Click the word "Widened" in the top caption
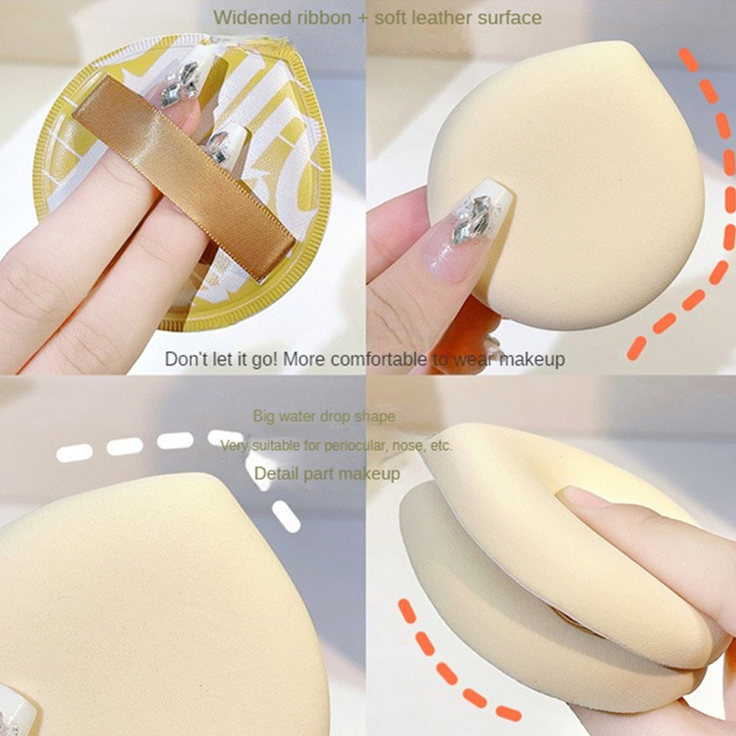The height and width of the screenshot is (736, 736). [252, 18]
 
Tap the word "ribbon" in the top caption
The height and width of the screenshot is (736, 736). [324, 18]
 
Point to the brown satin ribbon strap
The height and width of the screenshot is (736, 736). [184, 180]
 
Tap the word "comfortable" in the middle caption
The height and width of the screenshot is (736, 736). [378, 359]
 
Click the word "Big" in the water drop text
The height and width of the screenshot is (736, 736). [263, 417]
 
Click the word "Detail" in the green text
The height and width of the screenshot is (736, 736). [275, 473]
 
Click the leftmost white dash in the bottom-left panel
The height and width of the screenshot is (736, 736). [74, 453]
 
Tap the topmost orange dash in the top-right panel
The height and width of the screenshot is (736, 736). [689, 60]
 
